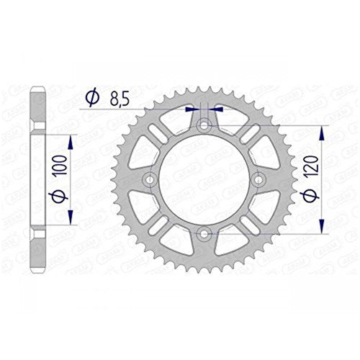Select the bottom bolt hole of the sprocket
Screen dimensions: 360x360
pyautogui.click(x=204, y=233)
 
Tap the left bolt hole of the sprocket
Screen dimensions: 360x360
pyautogui.click(x=150, y=179)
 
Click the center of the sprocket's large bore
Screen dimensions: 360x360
pyautogui.click(x=204, y=179)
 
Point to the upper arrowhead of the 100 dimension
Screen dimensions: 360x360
pyautogui.click(x=73, y=138)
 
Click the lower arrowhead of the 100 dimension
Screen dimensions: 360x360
pyautogui.click(x=73, y=219)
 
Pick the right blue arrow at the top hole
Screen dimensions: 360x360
pyautogui.click(x=217, y=110)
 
